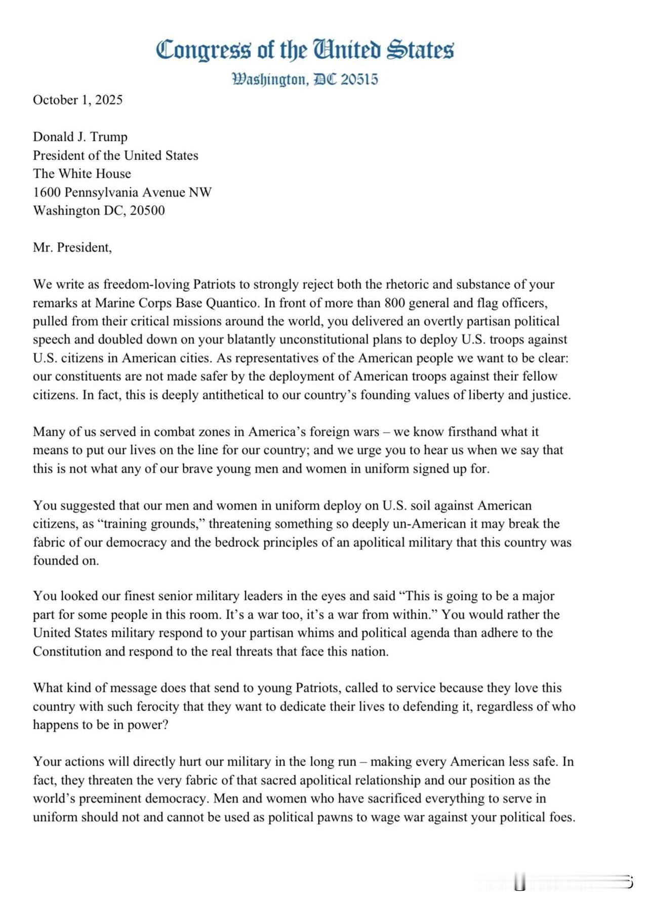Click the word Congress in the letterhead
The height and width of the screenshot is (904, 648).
click(x=202, y=51)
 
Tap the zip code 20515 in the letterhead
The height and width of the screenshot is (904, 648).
click(x=359, y=80)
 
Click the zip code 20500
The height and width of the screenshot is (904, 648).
click(x=147, y=211)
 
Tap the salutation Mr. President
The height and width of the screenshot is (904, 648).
click(x=72, y=247)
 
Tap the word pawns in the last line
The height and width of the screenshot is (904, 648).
click(x=347, y=817)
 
